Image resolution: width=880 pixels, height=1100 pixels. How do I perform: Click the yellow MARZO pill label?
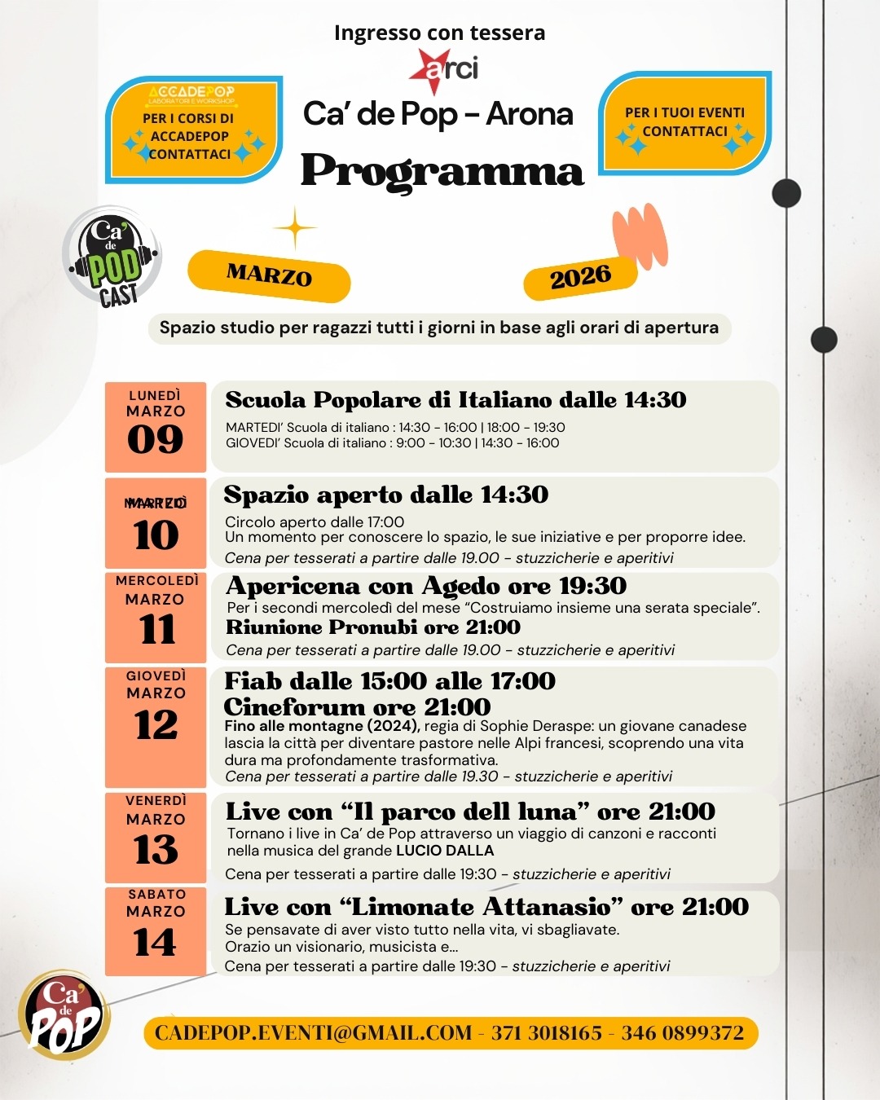coord(269,275)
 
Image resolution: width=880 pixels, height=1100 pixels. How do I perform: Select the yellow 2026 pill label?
coord(579,278)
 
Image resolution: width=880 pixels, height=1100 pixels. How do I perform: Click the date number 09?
coord(155,440)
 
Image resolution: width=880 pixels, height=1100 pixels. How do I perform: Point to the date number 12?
coord(156,724)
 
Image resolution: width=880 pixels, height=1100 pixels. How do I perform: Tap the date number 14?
coord(155,943)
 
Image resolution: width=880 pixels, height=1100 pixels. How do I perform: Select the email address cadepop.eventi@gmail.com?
coord(313,1033)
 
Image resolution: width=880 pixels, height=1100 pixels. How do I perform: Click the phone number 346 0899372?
coord(682,1033)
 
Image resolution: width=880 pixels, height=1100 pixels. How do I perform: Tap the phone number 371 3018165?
coord(546,1033)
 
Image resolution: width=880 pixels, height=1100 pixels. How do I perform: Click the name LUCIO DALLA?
coord(445,851)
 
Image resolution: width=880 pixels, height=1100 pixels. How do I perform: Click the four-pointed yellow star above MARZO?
coord(295,228)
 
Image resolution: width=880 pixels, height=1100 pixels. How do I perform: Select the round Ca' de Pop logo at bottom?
coord(64,1014)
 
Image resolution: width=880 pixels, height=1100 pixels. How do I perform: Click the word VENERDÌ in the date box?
coord(156,801)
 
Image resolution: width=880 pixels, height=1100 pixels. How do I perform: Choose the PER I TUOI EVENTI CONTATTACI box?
coord(684,123)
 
